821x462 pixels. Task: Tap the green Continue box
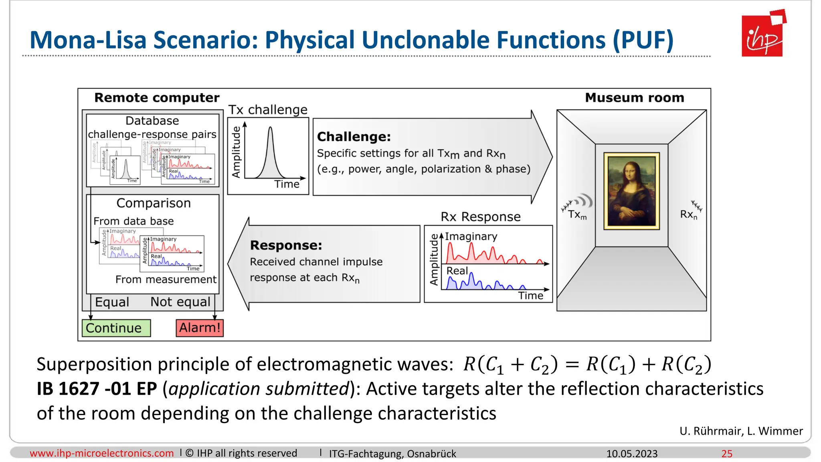pos(116,328)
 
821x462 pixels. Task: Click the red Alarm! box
pos(200,328)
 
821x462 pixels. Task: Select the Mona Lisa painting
pos(631,191)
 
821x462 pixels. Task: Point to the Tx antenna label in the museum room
pos(577,215)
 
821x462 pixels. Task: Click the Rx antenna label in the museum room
pos(688,215)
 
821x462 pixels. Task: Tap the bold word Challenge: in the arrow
pos(354,137)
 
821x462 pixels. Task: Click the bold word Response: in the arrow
pos(286,245)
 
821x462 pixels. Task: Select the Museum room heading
pos(634,97)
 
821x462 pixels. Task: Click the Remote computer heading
pos(157,97)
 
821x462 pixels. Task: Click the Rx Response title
pos(480,217)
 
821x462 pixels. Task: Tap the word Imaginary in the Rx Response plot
pos(471,236)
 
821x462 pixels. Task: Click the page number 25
pos(726,454)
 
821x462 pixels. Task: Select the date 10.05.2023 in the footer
pos(631,454)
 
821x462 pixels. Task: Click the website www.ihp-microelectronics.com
pos(102,453)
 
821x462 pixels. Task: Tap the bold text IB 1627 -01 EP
pos(97,389)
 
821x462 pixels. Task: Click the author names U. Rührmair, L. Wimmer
pos(741,431)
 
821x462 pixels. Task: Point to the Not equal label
pos(180,302)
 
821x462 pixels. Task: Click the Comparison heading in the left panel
pos(154,203)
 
